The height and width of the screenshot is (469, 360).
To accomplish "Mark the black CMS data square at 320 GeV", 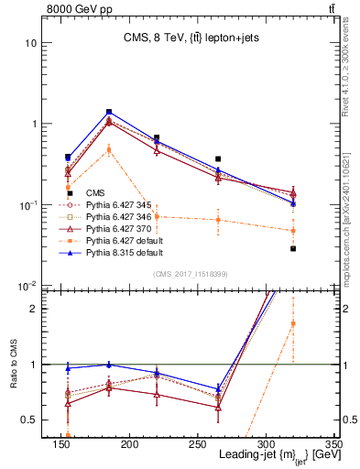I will click(x=293, y=248).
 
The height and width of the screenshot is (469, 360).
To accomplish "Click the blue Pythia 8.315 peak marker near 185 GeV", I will click(x=109, y=112).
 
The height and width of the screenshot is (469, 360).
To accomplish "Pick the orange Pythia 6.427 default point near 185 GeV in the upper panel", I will click(x=109, y=149).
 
